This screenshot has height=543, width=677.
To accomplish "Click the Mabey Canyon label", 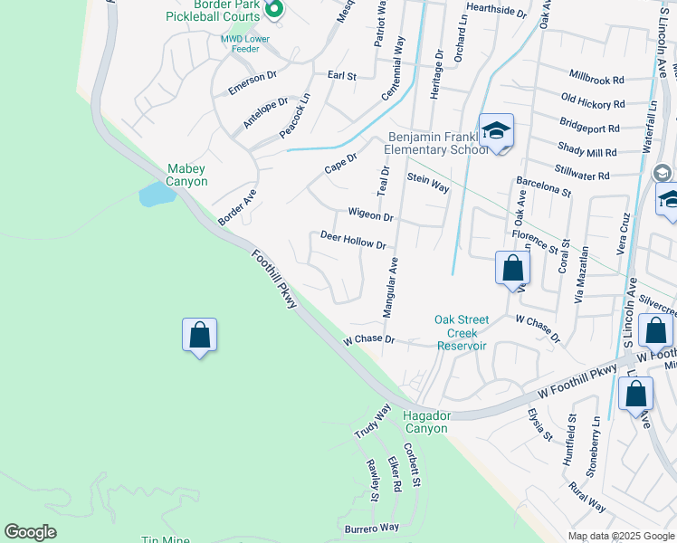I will [x=187, y=175].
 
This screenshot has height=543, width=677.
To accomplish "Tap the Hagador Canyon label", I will [x=424, y=422].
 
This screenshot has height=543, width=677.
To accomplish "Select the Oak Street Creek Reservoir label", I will [x=462, y=332].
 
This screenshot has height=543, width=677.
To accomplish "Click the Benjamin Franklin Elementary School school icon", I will [x=496, y=133].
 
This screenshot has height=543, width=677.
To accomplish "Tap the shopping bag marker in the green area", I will [x=199, y=336].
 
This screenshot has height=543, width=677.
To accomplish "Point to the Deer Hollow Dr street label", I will [x=353, y=240].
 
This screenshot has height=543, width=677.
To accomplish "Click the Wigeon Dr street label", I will [x=370, y=214].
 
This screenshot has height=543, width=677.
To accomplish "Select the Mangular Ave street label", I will [x=391, y=288].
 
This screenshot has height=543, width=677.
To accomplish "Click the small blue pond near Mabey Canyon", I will [x=156, y=194].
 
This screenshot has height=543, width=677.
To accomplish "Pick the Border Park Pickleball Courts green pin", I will [x=277, y=11].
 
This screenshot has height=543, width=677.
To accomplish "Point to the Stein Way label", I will [x=428, y=182].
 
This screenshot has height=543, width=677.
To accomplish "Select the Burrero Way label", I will [x=371, y=527].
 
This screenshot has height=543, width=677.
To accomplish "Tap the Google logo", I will [x=30, y=532].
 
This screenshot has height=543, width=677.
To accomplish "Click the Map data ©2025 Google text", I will [x=621, y=536].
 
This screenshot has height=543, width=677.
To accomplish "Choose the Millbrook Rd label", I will [x=596, y=79].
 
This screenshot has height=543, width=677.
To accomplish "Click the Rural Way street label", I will [x=587, y=496].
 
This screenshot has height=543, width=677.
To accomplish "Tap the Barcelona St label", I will [x=543, y=186].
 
